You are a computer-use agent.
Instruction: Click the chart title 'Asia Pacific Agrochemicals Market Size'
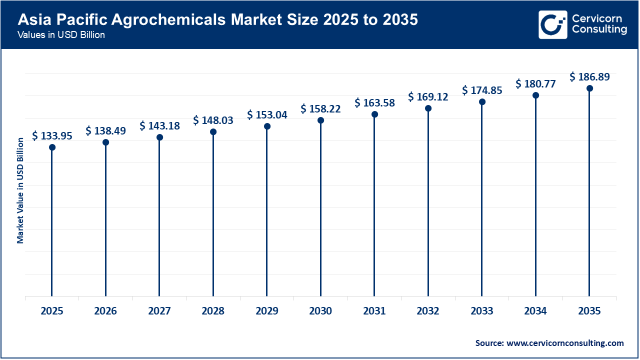(x=217, y=20)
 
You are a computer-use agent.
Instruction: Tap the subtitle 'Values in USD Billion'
(x=61, y=35)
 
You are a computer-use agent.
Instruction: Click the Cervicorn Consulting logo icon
(x=552, y=24)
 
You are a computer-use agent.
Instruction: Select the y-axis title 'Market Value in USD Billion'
(x=20, y=190)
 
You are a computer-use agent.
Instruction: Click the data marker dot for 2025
(x=52, y=147)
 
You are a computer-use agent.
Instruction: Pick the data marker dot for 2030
(x=320, y=120)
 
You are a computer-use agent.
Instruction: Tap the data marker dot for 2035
(x=589, y=88)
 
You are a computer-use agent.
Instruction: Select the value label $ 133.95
(x=52, y=135)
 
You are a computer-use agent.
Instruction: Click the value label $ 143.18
(x=159, y=125)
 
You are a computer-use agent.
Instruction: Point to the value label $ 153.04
(x=267, y=114)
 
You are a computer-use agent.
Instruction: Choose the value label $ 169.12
(x=428, y=96)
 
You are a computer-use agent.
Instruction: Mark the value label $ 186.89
(x=589, y=77)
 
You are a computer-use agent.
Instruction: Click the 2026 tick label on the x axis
(x=105, y=311)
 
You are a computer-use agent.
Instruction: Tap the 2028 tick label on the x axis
(x=213, y=311)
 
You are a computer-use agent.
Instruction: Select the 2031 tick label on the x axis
(x=374, y=311)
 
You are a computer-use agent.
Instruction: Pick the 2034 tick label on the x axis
(x=535, y=311)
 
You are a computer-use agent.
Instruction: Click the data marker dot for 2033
(x=481, y=102)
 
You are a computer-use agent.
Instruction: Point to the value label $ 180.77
(x=535, y=83)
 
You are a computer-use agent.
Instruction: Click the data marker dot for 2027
(x=159, y=137)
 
